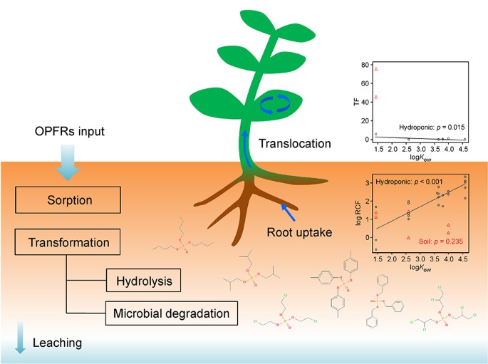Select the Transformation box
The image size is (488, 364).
pos(68,243)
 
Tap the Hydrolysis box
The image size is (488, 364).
pos(144,281)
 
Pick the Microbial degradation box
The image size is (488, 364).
pos(170,313)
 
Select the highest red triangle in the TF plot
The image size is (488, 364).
pos(375,69)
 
